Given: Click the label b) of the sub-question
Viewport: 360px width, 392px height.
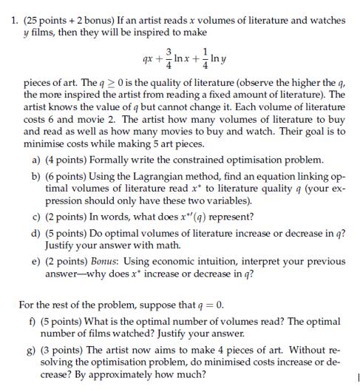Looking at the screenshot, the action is [37, 178].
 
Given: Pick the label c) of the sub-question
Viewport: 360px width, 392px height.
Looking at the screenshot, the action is [37, 217].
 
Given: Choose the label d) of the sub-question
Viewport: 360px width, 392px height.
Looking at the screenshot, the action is [37, 233].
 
